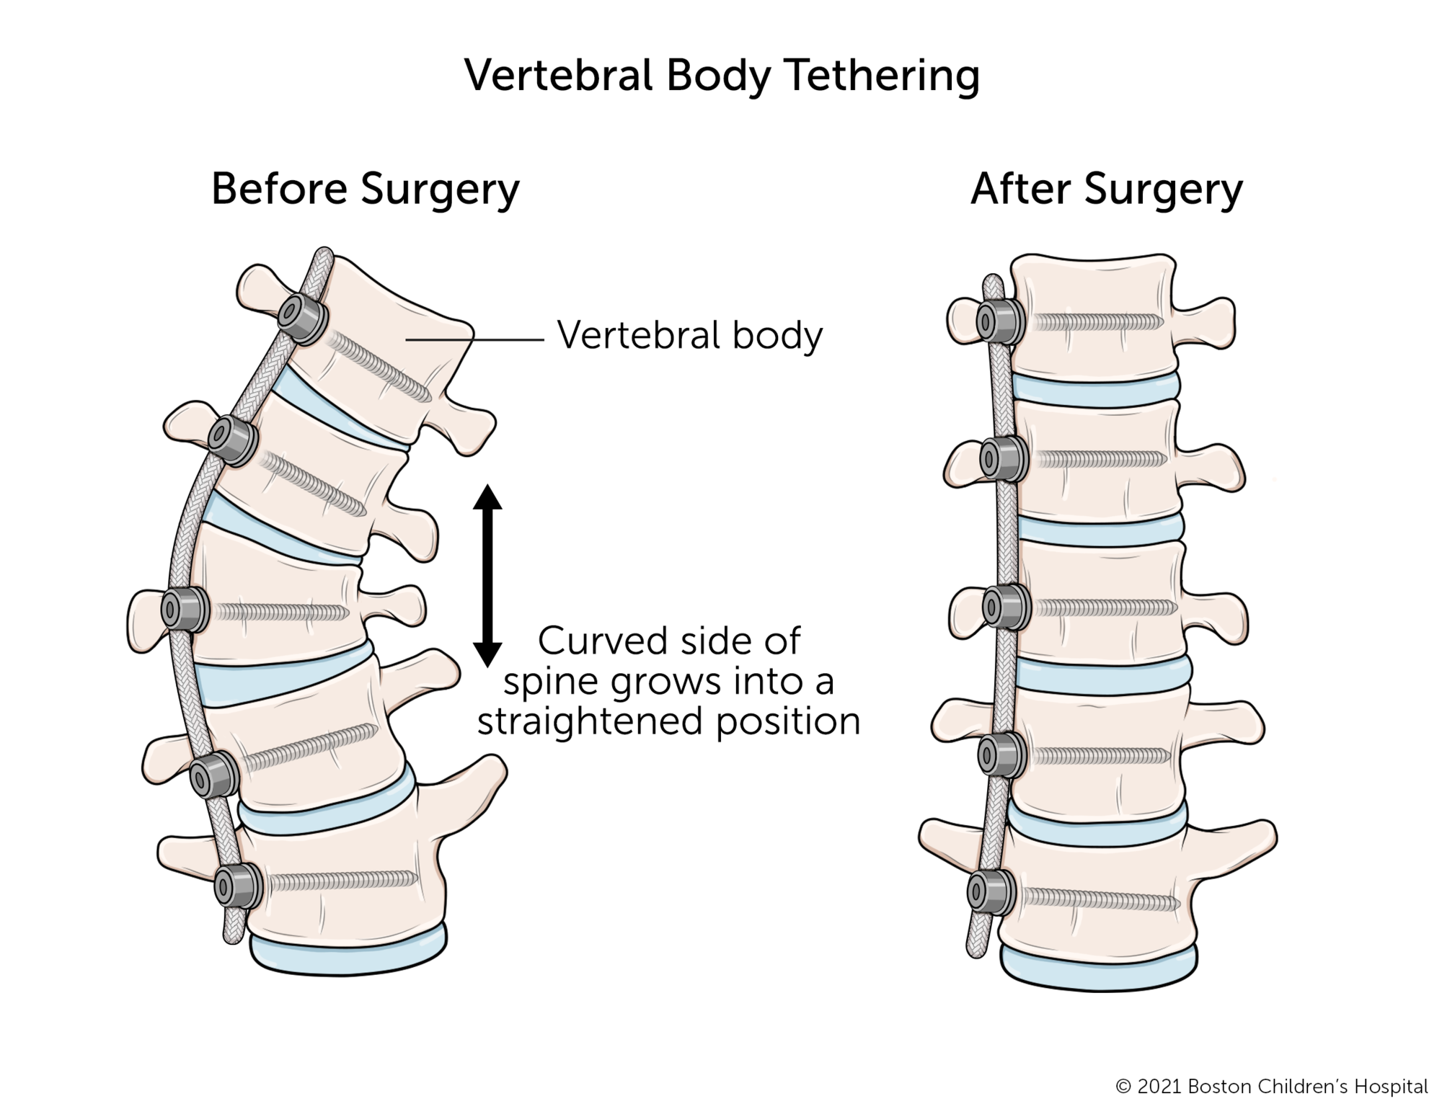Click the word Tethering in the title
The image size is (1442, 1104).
[x=883, y=76]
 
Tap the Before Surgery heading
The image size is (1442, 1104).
[x=365, y=190]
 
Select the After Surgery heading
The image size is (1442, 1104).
[x=1107, y=190]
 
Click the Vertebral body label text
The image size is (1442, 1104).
[x=689, y=336]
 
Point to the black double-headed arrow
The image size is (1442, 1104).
[x=487, y=576]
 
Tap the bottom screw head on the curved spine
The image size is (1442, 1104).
[x=238, y=886]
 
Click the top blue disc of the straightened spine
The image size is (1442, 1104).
[x=1096, y=387]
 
